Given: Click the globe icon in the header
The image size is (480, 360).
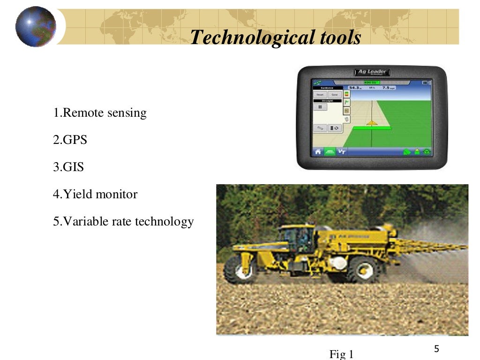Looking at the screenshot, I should [x=36, y=27].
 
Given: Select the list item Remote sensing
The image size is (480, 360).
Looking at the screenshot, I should [x=100, y=113].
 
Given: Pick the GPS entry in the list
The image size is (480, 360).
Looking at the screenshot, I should [x=70, y=140].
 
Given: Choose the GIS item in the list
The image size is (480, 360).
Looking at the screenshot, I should [x=68, y=167].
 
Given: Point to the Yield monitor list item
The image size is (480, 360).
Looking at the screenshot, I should [x=95, y=194].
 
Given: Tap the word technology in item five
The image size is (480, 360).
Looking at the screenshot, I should [x=165, y=221].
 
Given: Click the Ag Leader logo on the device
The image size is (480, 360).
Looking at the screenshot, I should [x=372, y=72].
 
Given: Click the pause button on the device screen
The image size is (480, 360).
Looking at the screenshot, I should [x=320, y=107].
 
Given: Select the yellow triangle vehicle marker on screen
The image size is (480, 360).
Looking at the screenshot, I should [x=372, y=123].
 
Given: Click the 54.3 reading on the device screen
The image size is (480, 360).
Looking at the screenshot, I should [x=354, y=88].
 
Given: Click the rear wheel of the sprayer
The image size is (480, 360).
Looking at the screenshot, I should [x=364, y=269].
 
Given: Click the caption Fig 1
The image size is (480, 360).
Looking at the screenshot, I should [x=341, y=354].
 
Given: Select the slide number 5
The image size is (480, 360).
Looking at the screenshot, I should [x=436, y=349].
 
